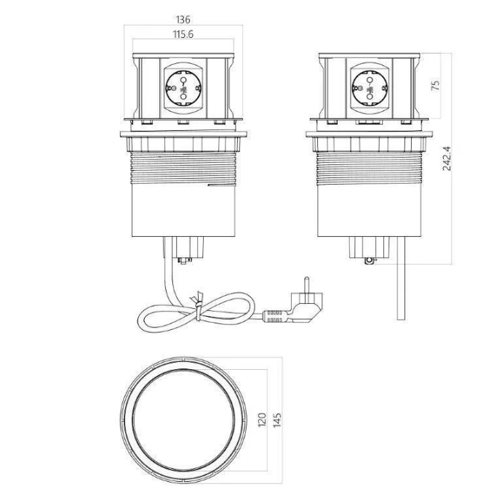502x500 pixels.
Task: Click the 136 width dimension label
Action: [x=183, y=20]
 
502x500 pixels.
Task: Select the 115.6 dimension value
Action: [x=183, y=34]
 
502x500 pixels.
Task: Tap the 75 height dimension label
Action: [x=435, y=85]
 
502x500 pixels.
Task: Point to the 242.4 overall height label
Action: [x=446, y=158]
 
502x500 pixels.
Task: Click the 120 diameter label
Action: [x=262, y=419]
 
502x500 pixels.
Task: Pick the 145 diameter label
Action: [x=277, y=419]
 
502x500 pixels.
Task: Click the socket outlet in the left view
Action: [x=183, y=88]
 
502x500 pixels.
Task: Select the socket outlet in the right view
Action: [x=370, y=88]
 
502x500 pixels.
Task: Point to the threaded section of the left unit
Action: [x=183, y=168]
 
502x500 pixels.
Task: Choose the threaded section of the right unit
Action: [x=370, y=168]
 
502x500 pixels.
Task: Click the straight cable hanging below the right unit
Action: [x=401, y=278]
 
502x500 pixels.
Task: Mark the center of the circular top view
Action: [x=183, y=420]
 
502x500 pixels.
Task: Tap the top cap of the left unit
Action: [x=183, y=56]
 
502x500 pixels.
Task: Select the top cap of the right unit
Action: [x=370, y=56]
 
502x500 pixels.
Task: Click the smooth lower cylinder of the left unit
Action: [x=183, y=211]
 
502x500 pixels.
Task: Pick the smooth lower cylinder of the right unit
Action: [x=370, y=211]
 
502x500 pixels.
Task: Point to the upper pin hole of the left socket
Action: [x=183, y=80]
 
